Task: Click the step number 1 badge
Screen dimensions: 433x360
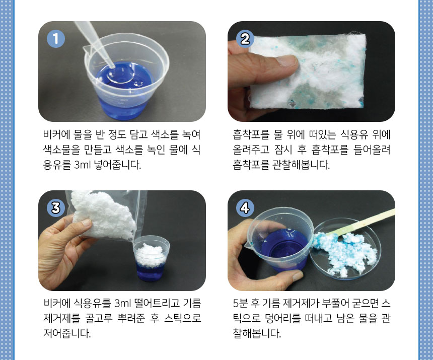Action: [x=56, y=39]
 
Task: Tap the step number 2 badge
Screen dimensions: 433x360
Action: [x=245, y=39]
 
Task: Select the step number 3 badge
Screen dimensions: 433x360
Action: [x=56, y=207]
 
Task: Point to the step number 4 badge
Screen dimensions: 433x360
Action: [x=245, y=207]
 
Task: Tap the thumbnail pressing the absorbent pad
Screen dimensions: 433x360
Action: [x=287, y=61]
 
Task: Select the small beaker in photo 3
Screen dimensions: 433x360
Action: [x=151, y=258]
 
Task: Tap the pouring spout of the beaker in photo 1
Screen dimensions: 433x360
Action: [x=88, y=50]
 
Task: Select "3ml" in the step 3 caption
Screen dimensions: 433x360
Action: [x=122, y=304]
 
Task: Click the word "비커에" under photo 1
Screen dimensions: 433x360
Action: [x=56, y=135]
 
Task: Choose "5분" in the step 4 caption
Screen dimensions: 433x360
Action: [x=240, y=304]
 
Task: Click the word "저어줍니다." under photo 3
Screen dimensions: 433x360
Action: [x=67, y=333]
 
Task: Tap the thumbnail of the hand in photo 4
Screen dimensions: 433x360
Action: [x=297, y=275]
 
